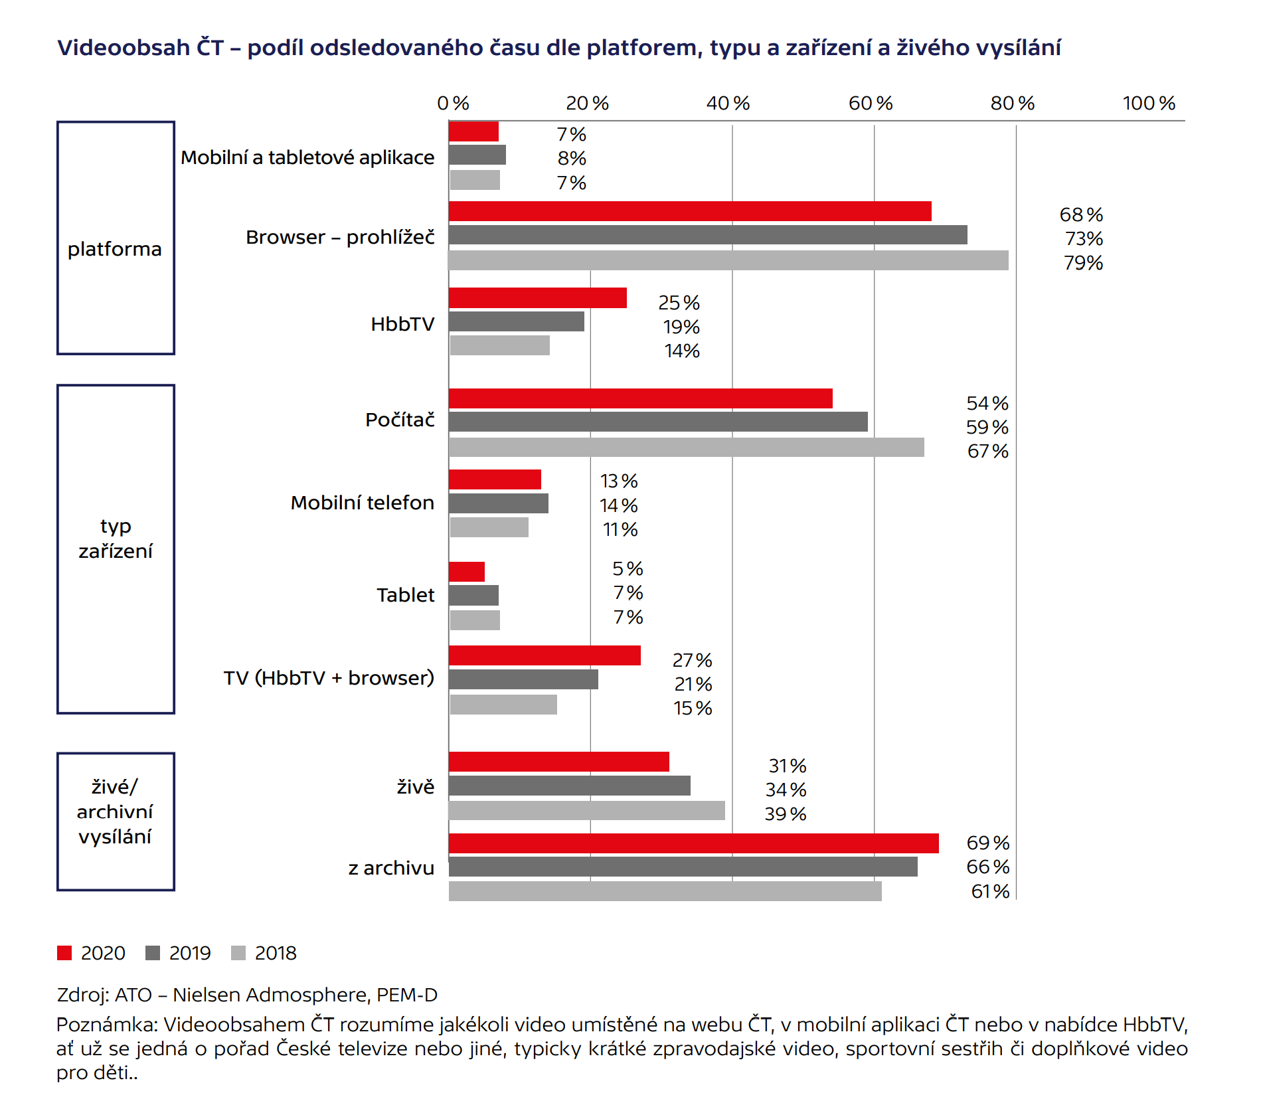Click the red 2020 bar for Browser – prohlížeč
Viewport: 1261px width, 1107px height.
pos(690,211)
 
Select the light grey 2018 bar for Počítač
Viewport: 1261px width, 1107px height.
pos(686,448)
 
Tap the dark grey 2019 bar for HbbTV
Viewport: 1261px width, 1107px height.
pos(517,321)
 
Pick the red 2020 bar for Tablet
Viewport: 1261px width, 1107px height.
pos(467,572)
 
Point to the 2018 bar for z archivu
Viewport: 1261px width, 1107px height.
pos(665,891)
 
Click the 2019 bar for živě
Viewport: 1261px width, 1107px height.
pos(570,786)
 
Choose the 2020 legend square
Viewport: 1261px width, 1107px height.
pos(64,953)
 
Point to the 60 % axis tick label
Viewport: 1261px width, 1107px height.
pos(871,104)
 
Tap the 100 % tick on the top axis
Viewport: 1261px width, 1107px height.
pos(1149,104)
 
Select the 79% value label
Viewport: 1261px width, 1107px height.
pos(1083,263)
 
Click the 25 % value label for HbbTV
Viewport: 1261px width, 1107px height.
pos(679,303)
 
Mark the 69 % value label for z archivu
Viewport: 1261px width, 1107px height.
pos(987,843)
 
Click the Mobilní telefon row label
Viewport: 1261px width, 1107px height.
pos(363,503)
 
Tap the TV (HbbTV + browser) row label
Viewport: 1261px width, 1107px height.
pos(329,678)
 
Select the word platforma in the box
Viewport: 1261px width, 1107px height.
pos(115,249)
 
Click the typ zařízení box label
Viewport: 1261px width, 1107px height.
pos(116,539)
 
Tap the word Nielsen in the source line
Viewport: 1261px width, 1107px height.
pos(207,995)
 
